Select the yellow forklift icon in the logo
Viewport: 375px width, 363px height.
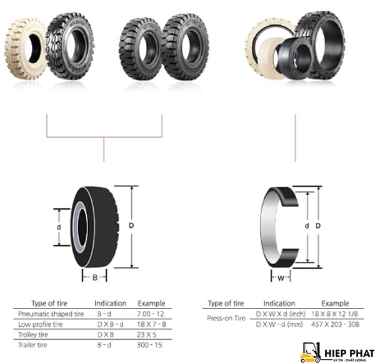309,352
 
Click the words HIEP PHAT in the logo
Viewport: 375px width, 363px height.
348,351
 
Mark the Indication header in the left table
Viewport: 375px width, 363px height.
111,303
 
